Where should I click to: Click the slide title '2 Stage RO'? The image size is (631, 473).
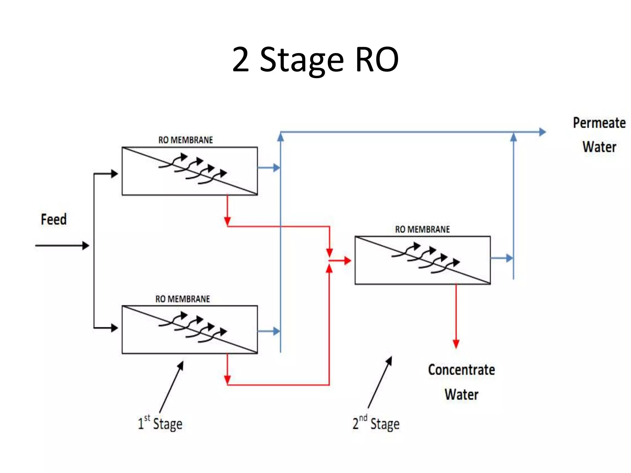point(315,60)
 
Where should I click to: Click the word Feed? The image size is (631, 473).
point(54,219)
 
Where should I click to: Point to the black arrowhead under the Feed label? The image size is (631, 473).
point(86,245)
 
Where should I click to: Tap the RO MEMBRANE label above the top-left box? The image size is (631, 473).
point(185,140)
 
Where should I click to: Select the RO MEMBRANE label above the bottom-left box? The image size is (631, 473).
point(182,299)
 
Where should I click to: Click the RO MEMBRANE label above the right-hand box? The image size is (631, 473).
point(422,229)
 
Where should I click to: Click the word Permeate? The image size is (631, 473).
point(599,123)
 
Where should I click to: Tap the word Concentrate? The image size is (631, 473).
point(461,370)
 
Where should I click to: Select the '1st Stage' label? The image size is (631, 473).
point(160,423)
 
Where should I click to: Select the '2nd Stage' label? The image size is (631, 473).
point(376,423)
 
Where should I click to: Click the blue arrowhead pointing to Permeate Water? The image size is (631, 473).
point(542,132)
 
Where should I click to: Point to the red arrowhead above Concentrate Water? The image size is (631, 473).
point(456,344)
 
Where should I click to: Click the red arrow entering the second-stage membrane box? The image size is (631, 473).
point(340,261)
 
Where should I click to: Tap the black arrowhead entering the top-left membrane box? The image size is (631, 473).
point(114,174)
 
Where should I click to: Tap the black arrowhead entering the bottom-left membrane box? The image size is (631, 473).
point(114,328)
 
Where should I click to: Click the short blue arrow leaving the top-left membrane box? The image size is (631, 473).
point(269,168)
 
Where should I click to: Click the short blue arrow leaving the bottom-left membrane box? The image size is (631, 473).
point(269,331)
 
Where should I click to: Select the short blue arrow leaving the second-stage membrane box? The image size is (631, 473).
point(502,258)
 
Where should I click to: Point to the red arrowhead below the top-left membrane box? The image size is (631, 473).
point(227,221)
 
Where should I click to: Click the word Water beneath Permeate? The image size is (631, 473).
point(599,147)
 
